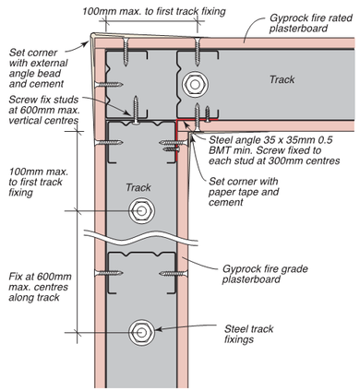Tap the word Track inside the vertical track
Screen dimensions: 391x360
tap(138, 187)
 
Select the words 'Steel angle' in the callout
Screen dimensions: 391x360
tap(231, 137)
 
